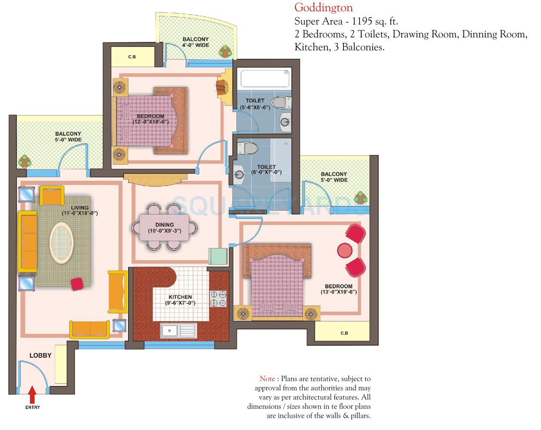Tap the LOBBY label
click(40, 356)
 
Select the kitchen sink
click(178, 331)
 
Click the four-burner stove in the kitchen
click(218, 298)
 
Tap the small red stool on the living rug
click(77, 284)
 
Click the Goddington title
click(323, 7)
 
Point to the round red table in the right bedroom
click(344, 250)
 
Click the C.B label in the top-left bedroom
click(132, 56)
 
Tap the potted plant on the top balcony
click(224, 51)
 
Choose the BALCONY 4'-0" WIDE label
click(196, 42)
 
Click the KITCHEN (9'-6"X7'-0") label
click(180, 300)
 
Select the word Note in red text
click(267, 379)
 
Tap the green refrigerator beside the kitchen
click(218, 257)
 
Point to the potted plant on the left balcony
click(25, 160)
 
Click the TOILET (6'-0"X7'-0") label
click(266, 169)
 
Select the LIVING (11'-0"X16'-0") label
click(80, 210)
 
